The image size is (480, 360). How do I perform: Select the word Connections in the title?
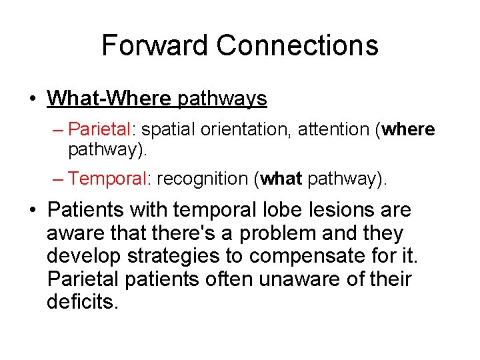click(x=297, y=45)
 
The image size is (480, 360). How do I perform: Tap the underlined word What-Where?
click(x=109, y=99)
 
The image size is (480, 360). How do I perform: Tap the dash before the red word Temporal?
click(x=58, y=179)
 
